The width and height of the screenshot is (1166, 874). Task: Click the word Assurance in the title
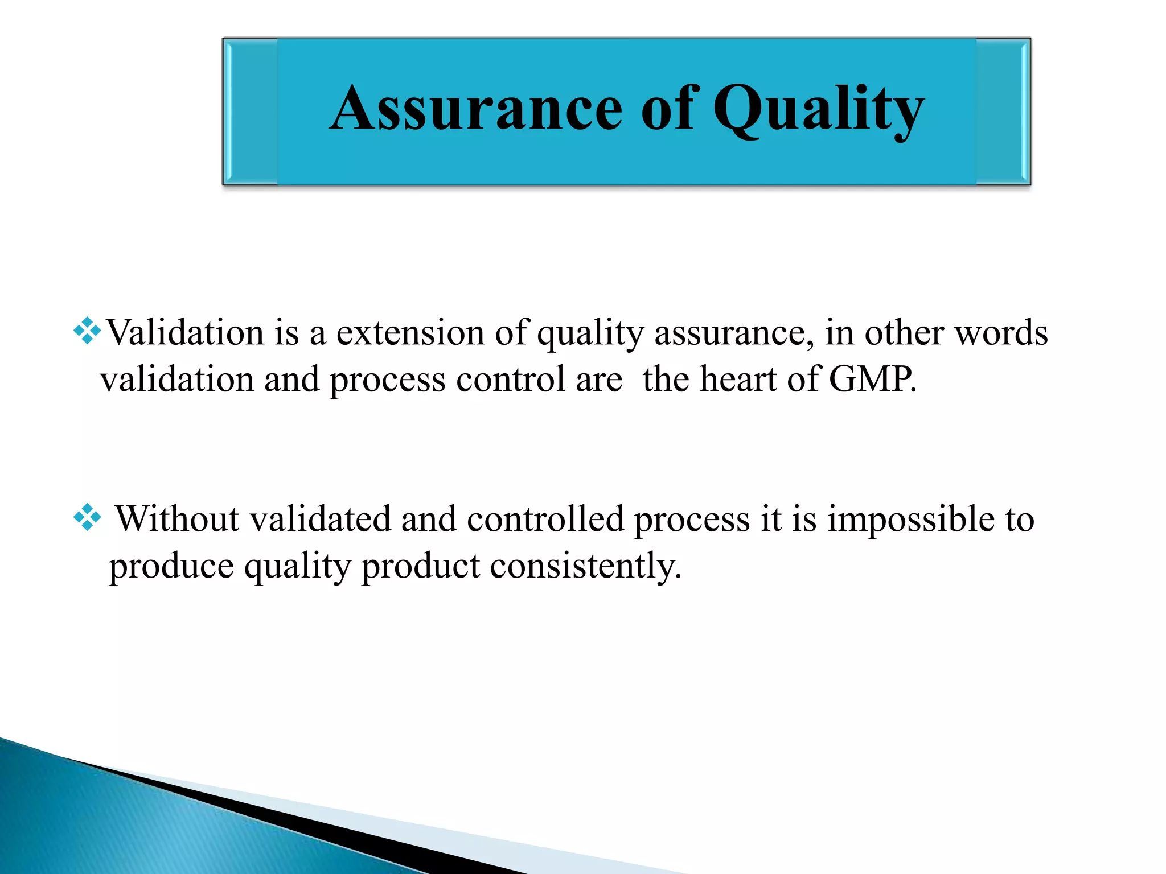tap(476, 108)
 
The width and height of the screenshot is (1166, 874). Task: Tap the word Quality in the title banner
tap(818, 109)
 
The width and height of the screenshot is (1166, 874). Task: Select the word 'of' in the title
tap(667, 108)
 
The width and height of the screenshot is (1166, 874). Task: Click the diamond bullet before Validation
tap(87, 331)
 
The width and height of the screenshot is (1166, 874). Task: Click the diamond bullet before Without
tap(87, 517)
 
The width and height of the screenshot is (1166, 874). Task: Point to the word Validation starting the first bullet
tap(185, 332)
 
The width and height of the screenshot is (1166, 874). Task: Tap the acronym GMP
tap(871, 379)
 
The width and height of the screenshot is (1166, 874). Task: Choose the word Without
tap(178, 519)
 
